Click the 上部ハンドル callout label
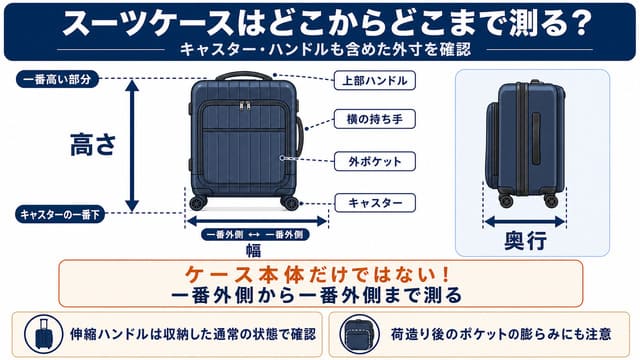click(375, 80)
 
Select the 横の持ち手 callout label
click(375, 119)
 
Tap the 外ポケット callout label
click(375, 161)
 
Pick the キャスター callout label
click(375, 203)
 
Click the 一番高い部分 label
click(58, 79)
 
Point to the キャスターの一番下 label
click(60, 214)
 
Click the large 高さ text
click(93, 145)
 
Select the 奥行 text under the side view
click(525, 241)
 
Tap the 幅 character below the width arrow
click(253, 250)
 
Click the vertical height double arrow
click(132, 146)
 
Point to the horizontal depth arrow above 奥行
click(525, 222)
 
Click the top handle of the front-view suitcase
click(244, 76)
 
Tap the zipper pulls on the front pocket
click(245, 105)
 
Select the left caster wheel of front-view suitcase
click(198, 203)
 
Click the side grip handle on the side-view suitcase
click(536, 139)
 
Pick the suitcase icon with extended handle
click(43, 334)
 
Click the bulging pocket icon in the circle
click(359, 334)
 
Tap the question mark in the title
click(580, 24)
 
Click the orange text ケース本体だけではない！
click(318, 275)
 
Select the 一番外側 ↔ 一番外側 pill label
click(255, 235)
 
